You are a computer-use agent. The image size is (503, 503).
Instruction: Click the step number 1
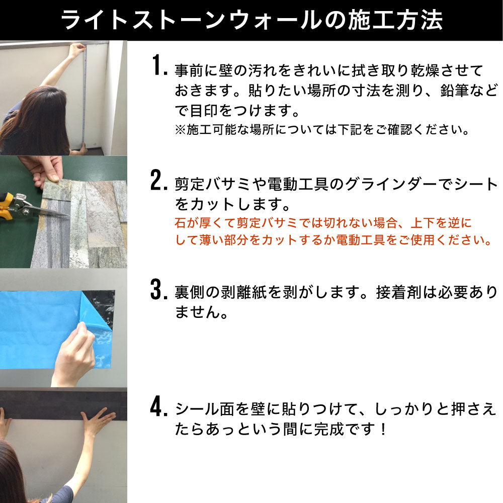(158, 65)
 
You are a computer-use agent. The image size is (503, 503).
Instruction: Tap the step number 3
(158, 289)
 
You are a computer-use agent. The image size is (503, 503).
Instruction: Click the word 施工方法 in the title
(395, 20)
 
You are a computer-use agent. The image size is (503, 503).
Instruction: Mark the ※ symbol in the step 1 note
(180, 130)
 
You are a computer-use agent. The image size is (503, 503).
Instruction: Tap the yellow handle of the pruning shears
(6, 205)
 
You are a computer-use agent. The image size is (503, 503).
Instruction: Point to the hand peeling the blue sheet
(74, 353)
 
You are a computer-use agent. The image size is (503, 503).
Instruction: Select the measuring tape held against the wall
(85, 96)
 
